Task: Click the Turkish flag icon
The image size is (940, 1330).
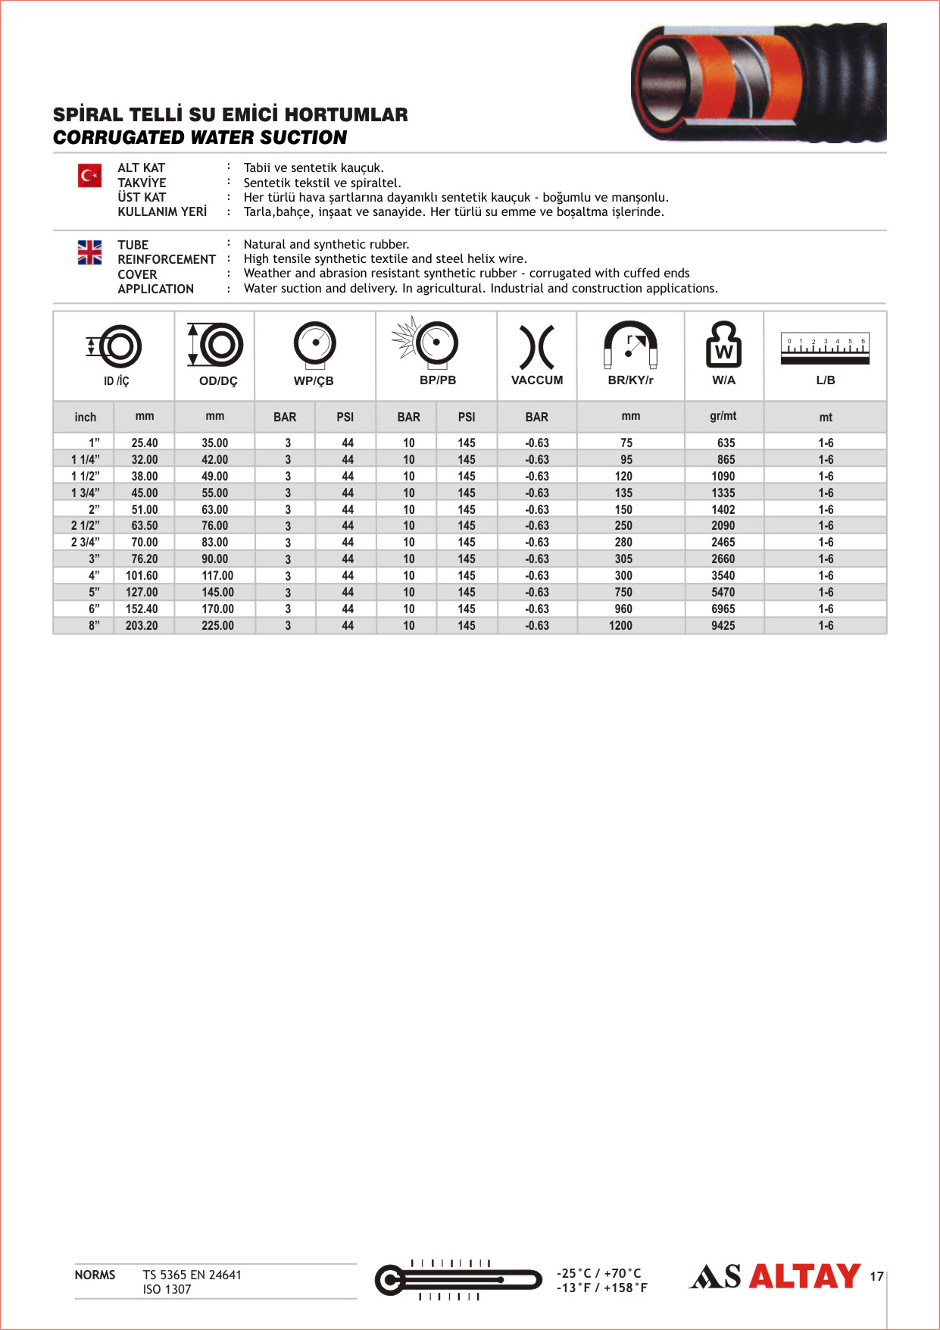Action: [89, 176]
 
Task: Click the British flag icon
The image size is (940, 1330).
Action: [89, 252]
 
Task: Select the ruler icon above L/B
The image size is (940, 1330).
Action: [825, 349]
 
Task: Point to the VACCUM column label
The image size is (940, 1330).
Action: [537, 380]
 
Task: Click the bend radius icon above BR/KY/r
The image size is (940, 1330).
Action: [630, 345]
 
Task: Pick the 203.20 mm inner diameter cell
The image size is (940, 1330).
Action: [142, 626]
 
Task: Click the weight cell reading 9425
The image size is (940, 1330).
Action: [723, 626]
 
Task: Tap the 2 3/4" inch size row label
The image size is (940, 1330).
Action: [86, 543]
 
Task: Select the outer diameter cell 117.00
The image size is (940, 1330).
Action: [217, 576]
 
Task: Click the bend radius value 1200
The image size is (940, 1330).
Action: [620, 626]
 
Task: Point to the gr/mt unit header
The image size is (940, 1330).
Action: [723, 416]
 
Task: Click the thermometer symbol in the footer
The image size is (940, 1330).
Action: [458, 1280]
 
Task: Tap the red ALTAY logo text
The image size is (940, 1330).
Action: [804, 1277]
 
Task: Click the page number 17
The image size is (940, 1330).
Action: [876, 1277]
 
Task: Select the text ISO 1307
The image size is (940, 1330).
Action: [167, 1290]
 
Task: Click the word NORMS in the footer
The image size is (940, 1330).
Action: [95, 1275]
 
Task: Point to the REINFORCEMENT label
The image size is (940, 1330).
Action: [167, 259]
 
